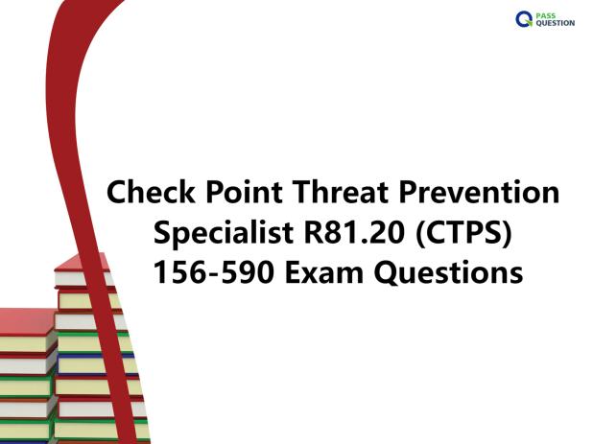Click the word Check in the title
(151, 192)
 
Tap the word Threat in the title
(340, 192)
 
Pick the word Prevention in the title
(479, 192)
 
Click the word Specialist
(224, 233)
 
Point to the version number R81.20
(354, 232)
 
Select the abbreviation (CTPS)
(463, 233)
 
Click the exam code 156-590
(214, 272)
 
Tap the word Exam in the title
(324, 272)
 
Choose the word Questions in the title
(448, 272)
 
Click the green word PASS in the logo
(546, 16)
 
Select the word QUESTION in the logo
(556, 23)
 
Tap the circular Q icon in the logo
(524, 19)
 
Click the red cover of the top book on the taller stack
(80, 262)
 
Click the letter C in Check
(119, 193)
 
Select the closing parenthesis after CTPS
(507, 233)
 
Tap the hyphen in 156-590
(214, 274)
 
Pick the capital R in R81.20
(315, 232)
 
